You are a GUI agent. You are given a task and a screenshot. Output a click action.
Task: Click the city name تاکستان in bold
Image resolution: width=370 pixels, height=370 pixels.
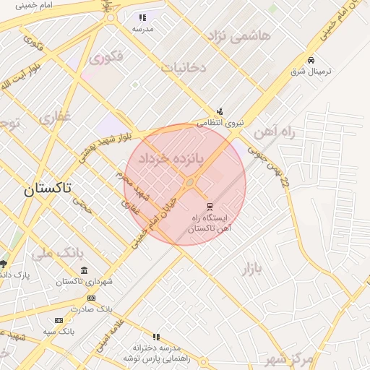(x=48, y=189)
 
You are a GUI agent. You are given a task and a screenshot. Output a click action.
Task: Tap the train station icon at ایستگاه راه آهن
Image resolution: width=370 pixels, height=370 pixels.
(x=210, y=206)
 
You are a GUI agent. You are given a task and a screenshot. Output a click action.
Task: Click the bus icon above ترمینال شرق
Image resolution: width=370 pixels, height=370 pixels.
(x=311, y=60)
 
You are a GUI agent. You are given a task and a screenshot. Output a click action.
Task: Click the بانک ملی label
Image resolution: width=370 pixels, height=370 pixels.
(x=54, y=253)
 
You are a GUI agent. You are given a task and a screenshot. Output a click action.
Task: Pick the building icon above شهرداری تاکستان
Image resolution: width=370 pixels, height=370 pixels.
(x=85, y=271)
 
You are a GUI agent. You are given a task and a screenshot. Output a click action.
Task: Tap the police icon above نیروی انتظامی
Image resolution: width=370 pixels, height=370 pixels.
(x=220, y=112)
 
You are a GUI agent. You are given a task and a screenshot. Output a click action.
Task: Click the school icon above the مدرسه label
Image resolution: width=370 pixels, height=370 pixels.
(x=142, y=17)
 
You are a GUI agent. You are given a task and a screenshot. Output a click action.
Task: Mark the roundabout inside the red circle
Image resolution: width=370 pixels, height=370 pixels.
(x=190, y=185)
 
